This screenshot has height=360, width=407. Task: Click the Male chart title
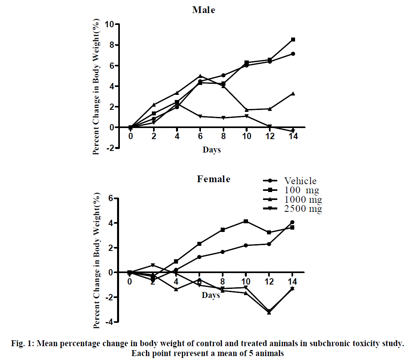204,10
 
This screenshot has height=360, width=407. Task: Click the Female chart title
214,179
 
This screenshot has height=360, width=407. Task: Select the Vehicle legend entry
301,181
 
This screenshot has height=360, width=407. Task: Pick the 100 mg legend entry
301,190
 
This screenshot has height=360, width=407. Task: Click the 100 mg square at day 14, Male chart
293,40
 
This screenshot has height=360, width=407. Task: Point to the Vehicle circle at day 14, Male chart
293,54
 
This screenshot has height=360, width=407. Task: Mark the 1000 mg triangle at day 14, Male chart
293,94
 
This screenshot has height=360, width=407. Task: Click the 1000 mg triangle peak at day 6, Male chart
200,76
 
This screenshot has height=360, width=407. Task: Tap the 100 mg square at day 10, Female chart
246,221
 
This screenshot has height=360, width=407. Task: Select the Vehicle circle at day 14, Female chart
292,222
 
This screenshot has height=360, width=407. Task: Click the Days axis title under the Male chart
212,150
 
